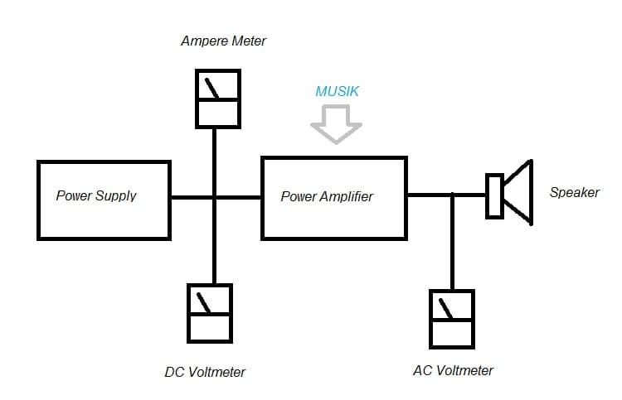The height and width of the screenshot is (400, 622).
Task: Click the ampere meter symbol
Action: coord(217,98)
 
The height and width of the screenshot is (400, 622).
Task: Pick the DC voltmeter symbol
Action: coord(209,313)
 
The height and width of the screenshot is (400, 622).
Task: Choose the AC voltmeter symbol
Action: coord(451,318)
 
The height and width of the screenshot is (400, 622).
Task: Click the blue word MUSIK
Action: coord(337,91)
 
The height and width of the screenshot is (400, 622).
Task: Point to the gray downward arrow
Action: coord(336,125)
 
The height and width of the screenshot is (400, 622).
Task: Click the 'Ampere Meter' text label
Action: coord(223,41)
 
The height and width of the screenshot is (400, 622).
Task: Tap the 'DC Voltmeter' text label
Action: coord(205,372)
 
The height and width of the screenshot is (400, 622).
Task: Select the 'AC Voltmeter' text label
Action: coord(453,370)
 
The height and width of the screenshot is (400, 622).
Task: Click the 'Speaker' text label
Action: coord(574,193)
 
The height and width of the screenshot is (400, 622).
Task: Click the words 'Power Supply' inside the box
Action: coord(96,196)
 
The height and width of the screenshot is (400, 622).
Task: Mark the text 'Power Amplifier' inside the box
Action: coord(327,197)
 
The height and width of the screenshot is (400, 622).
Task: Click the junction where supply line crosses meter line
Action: coord(215,197)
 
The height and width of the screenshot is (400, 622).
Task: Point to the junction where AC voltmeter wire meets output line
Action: coord(452,195)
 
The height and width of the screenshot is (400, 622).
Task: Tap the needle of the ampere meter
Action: coord(214,87)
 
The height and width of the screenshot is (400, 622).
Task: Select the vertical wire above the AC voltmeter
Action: coord(452,244)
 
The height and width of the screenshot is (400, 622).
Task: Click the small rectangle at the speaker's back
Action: coord(494,195)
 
